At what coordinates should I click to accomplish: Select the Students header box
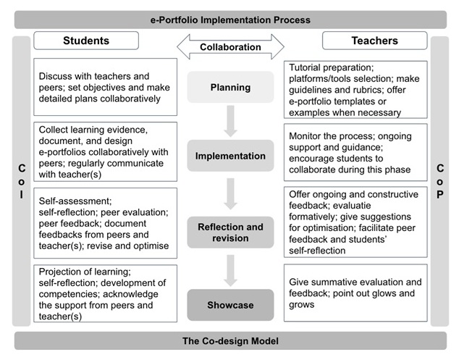coord(85,41)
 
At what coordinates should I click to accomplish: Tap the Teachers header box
coord(374,41)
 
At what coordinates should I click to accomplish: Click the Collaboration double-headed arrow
coord(230,47)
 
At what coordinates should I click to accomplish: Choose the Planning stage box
coord(230,88)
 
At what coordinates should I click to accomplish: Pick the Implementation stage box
coord(230,155)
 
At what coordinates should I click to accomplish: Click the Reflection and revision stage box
coord(230,233)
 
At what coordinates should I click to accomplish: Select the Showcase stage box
coord(230,304)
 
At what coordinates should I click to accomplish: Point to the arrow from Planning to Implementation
coord(230,121)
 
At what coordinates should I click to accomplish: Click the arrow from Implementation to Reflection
coord(230,192)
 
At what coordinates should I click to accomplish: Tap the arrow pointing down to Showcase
coord(230,269)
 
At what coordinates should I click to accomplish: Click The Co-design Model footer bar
coord(230,341)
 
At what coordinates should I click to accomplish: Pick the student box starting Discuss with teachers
coord(105,87)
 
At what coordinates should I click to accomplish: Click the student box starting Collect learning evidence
coord(105,151)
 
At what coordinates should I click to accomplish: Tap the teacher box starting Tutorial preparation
coord(354,88)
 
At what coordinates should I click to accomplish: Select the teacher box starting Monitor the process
coord(354,151)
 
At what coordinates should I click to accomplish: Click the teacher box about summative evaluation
coord(354,293)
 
